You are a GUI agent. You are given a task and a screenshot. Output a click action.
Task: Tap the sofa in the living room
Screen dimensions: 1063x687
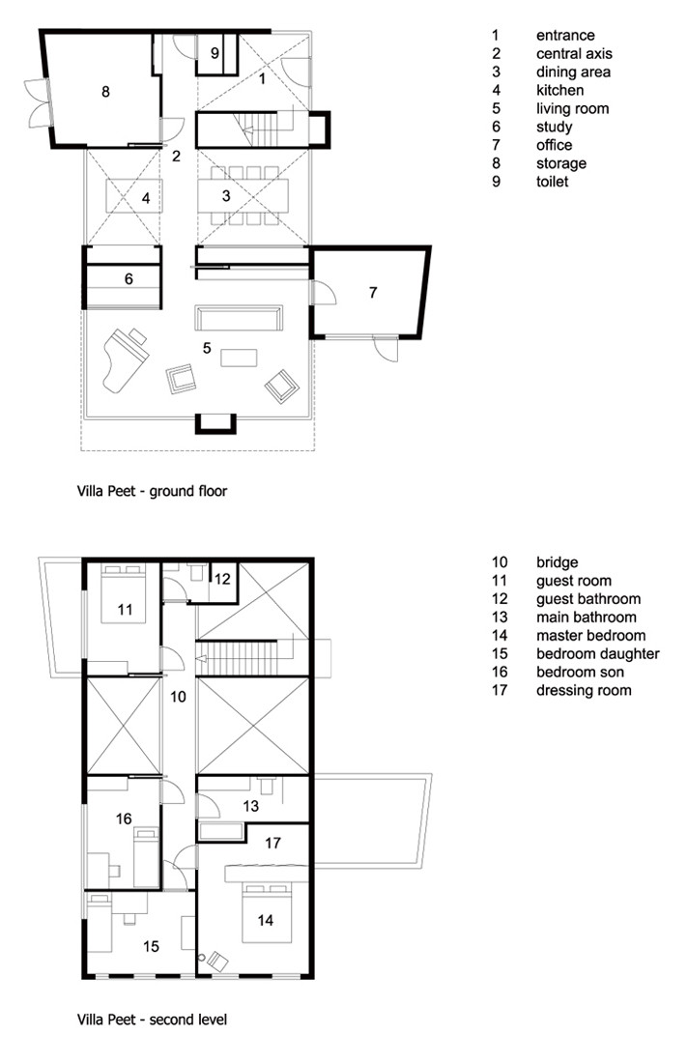coord(239,318)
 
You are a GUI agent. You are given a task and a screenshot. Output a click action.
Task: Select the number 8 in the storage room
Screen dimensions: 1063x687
coord(105,92)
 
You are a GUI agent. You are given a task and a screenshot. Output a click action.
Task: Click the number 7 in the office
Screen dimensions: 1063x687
coord(372,291)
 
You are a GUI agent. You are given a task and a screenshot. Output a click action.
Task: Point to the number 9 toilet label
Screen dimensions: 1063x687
coord(215,52)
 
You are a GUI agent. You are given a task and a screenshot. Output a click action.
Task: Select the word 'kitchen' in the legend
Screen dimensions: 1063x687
coord(560,90)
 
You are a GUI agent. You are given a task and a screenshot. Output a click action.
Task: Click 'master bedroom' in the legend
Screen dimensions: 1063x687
coord(590,635)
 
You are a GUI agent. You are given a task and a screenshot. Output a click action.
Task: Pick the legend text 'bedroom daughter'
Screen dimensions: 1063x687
coord(597,653)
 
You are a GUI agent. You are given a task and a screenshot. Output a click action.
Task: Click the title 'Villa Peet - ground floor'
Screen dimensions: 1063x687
coord(152,491)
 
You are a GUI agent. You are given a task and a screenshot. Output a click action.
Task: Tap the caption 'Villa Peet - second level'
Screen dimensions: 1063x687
coord(152,1018)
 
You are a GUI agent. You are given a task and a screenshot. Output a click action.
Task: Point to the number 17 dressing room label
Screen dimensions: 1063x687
coord(272,843)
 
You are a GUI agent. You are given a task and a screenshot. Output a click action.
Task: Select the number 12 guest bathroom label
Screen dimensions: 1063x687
coord(222,579)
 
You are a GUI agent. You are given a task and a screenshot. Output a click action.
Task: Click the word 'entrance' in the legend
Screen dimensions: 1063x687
coord(565,35)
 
